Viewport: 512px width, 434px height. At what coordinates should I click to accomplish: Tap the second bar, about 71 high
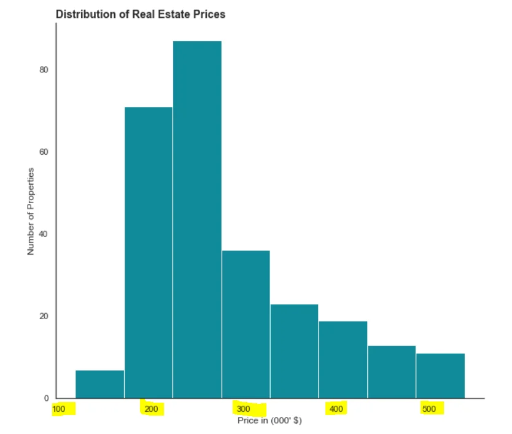[149, 252]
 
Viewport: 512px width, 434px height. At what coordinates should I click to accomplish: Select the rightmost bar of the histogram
[440, 375]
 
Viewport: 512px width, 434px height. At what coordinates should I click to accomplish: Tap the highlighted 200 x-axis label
[151, 409]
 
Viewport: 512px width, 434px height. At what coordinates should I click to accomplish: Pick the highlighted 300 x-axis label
[244, 409]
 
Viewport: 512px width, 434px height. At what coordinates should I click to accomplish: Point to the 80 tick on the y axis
[44, 70]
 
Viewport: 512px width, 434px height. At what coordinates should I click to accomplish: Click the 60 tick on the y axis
[44, 152]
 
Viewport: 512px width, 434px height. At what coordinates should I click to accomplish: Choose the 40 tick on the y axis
[44, 234]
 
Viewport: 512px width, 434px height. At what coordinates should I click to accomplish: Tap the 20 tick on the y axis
[44, 316]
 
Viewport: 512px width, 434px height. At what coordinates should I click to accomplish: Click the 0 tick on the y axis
[46, 398]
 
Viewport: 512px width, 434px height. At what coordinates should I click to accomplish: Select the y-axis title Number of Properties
[31, 211]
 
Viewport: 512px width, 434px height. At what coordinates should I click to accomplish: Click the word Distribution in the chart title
[83, 14]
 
